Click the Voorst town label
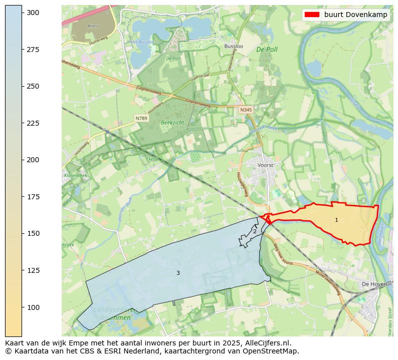[265, 165]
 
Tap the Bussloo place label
[234, 46]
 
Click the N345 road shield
[246, 110]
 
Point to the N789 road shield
[141, 118]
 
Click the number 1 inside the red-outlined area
[336, 220]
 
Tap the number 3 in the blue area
[178, 273]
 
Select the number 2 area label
[255, 231]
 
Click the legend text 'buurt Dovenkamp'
[355, 15]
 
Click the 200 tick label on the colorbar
[33, 160]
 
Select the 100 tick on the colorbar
[33, 307]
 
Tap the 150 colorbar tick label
[33, 233]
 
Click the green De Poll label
[267, 50]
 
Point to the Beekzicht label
[172, 122]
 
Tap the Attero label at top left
[93, 26]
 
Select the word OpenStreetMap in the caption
[273, 351]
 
